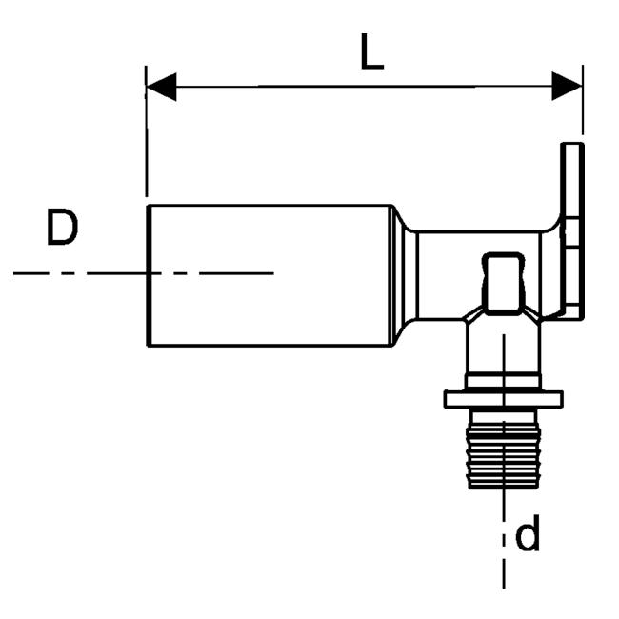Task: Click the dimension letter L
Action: coord(371,54)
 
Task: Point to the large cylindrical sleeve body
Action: coord(271,274)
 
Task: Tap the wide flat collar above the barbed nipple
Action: coord(503,398)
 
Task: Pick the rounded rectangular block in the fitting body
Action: coord(502,284)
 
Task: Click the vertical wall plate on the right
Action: coord(571,229)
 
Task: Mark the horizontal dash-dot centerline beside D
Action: coord(143,273)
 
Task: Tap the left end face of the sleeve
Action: coord(148,274)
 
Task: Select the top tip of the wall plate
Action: coord(571,147)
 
